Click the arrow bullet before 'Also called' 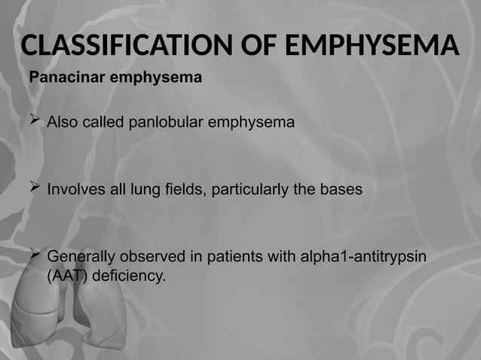[x=34, y=121]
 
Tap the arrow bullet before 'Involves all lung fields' [x=34, y=188]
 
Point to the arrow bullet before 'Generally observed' [x=34, y=256]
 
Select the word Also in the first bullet [x=62, y=122]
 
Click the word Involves [x=75, y=190]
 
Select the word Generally [x=80, y=258]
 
